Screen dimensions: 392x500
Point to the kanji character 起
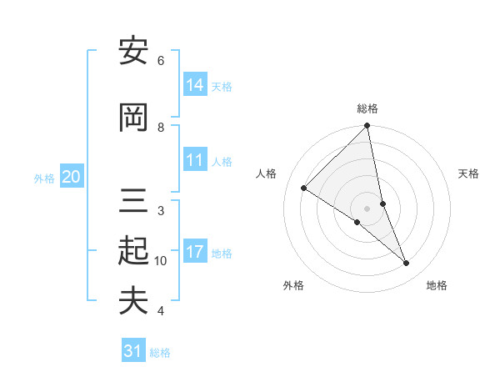pyautogui.click(x=133, y=250)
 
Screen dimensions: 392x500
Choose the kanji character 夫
pyautogui.click(x=133, y=300)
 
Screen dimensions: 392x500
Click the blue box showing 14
pyautogui.click(x=195, y=85)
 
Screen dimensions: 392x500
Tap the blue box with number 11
pyautogui.click(x=195, y=161)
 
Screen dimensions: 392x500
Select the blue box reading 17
pyautogui.click(x=195, y=253)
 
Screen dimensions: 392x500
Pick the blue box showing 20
pyautogui.click(x=72, y=177)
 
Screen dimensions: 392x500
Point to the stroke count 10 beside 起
pyautogui.click(x=161, y=261)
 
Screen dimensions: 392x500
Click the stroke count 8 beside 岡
pyautogui.click(x=161, y=128)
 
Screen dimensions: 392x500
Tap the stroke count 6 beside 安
pyautogui.click(x=161, y=61)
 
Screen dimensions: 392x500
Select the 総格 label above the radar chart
pyautogui.click(x=367, y=108)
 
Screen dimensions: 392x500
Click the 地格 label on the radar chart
pyautogui.click(x=437, y=285)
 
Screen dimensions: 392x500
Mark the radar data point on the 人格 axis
pyautogui.click(x=304, y=188)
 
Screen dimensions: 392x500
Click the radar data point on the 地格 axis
pyautogui.click(x=407, y=263)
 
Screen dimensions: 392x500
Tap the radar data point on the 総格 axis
pyautogui.click(x=367, y=126)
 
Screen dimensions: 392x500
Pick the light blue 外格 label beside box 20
pyautogui.click(x=44, y=178)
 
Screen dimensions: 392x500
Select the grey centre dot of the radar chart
pyautogui.click(x=367, y=209)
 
